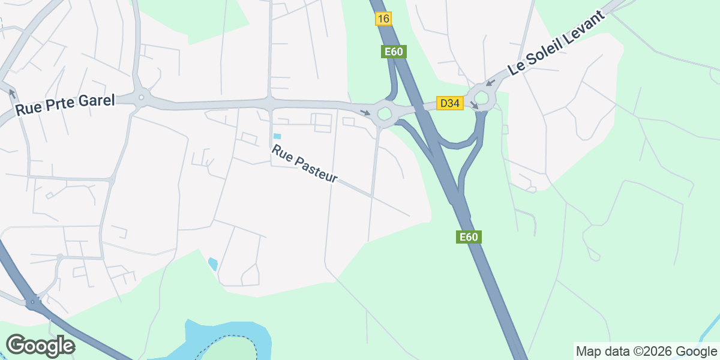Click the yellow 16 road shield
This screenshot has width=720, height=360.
coord(383,19)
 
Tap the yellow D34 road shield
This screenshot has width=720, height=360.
coord(449,103)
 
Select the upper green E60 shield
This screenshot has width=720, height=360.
coord(394,52)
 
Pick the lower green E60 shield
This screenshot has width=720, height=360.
coord(468,237)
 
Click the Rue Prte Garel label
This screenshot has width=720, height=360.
coord(65,105)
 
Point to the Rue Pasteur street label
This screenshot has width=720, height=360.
coord(304,164)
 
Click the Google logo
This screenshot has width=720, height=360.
coord(40,346)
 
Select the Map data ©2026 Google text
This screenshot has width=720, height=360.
coord(646,351)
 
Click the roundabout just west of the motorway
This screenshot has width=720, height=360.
coord(384,112)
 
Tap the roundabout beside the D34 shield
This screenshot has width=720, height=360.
coord(482,97)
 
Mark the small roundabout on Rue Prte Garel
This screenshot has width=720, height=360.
coord(141,97)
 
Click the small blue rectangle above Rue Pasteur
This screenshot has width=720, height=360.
coord(277,136)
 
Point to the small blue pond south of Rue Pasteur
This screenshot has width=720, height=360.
coord(212,263)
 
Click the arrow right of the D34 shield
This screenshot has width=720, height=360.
coord(475,106)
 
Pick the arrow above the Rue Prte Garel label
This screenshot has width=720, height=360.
coord(11,92)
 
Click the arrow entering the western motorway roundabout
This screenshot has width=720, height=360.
coord(365,112)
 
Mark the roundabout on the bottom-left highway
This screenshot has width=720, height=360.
coord(34,303)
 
